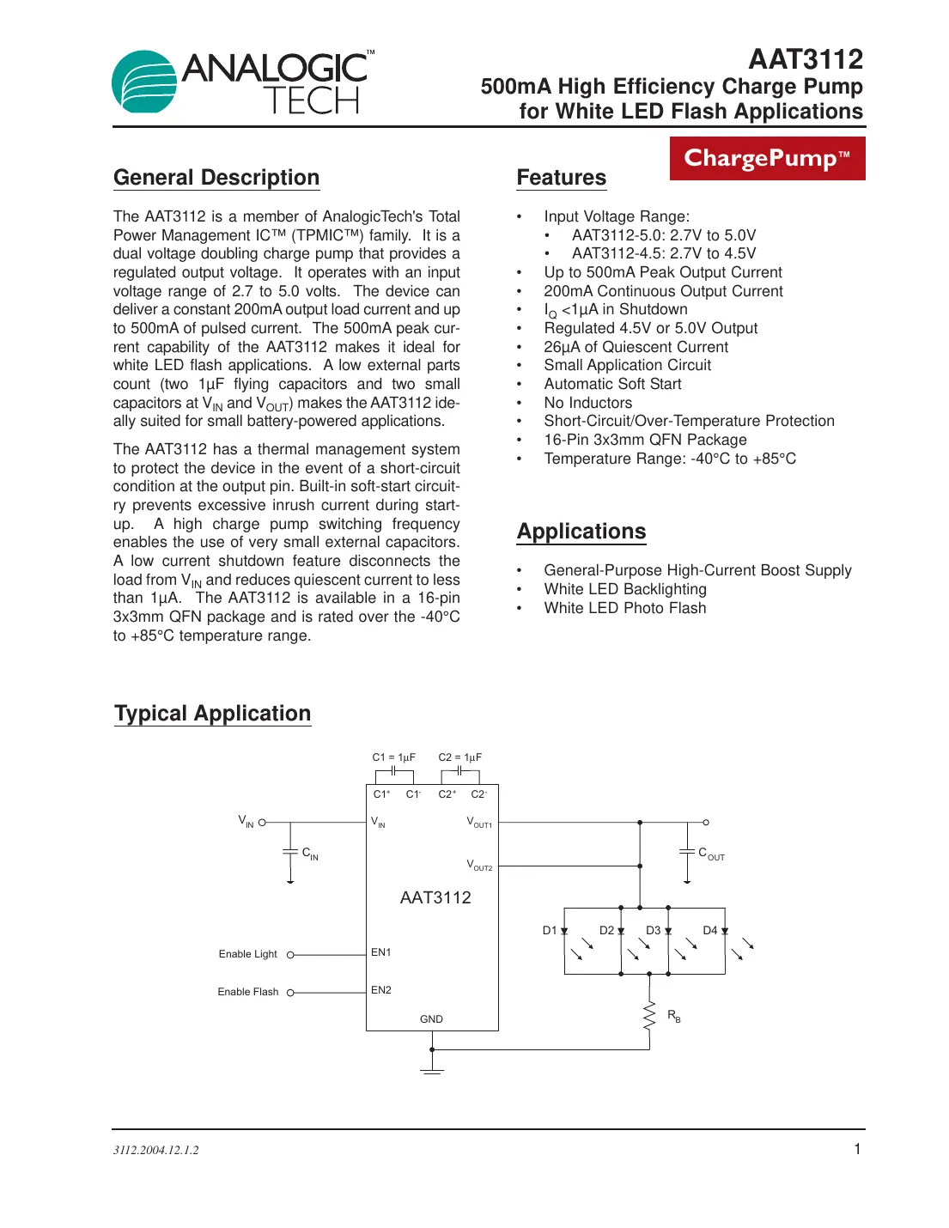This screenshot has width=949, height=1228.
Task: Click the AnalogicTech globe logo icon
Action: pyautogui.click(x=144, y=82)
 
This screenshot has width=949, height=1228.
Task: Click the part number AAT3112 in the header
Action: pyautogui.click(x=805, y=59)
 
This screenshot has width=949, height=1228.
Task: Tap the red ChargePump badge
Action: pyautogui.click(x=767, y=159)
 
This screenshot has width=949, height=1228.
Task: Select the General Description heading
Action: pyautogui.click(x=216, y=178)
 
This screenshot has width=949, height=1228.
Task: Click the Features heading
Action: pyautogui.click(x=561, y=178)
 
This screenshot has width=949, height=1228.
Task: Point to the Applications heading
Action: pyautogui.click(x=581, y=532)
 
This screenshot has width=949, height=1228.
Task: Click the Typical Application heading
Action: pyautogui.click(x=213, y=714)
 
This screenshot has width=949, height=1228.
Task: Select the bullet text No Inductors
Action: pyautogui.click(x=587, y=403)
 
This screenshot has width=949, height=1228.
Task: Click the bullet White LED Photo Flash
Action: pyautogui.click(x=624, y=608)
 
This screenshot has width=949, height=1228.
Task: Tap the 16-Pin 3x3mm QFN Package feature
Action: pyautogui.click(x=645, y=440)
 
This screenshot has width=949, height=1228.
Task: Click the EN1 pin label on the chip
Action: pyautogui.click(x=380, y=952)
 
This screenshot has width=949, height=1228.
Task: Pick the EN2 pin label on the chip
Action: pyautogui.click(x=380, y=990)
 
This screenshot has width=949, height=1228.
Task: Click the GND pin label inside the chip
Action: pyautogui.click(x=431, y=1019)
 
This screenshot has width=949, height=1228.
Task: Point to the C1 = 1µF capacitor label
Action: pyautogui.click(x=393, y=757)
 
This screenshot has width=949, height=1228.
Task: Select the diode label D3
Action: pyautogui.click(x=654, y=930)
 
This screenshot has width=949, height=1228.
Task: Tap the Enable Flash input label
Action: pyautogui.click(x=247, y=992)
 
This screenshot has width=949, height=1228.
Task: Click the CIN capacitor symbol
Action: pyautogui.click(x=290, y=851)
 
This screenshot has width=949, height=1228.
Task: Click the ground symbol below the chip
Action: pyautogui.click(x=432, y=1069)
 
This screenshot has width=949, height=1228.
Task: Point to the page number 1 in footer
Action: pyautogui.click(x=856, y=1149)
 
